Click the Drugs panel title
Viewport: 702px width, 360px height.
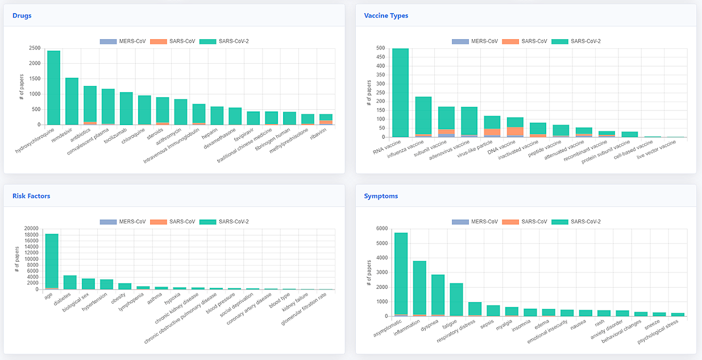click(22, 15)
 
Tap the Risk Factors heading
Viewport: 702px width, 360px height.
click(31, 196)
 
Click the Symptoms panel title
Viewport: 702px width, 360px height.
click(381, 196)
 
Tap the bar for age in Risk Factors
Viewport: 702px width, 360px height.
click(52, 262)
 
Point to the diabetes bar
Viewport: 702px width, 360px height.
click(70, 283)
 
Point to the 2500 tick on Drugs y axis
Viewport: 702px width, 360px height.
click(34, 48)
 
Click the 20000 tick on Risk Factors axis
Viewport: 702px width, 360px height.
click(30, 229)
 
